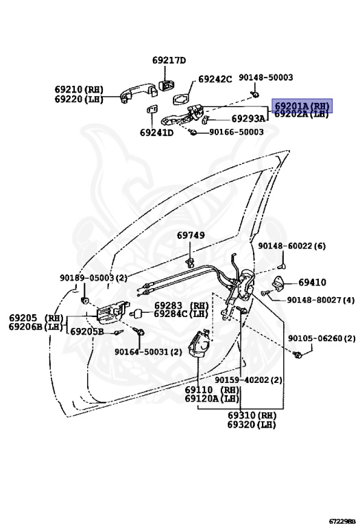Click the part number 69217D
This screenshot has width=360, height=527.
click(169, 60)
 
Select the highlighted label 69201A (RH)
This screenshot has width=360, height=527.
click(302, 106)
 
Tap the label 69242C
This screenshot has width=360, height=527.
click(215, 79)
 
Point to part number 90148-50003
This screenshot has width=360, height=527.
click(266, 78)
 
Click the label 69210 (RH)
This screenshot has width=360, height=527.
click(79, 89)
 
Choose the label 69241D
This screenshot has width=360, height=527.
click(156, 132)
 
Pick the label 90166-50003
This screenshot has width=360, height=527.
click(236, 132)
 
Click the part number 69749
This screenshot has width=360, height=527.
click(191, 235)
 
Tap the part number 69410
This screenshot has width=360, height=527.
click(312, 282)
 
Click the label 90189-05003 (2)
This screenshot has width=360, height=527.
click(93, 278)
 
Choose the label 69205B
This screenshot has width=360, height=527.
click(87, 331)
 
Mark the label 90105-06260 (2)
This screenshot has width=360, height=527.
click(322, 338)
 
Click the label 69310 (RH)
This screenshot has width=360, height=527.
click(252, 415)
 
